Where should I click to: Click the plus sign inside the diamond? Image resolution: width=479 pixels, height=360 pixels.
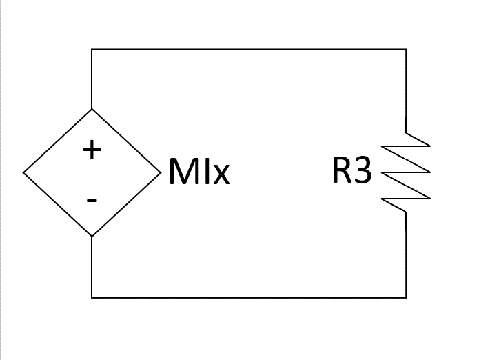pos(92,150)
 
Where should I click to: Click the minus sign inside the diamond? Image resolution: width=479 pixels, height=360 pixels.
pos(92,201)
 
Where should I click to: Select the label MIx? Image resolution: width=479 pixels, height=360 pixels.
pos(198,172)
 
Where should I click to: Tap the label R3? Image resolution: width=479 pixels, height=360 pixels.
pos(351,172)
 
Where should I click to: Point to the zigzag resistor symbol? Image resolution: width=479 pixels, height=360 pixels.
pos(407,172)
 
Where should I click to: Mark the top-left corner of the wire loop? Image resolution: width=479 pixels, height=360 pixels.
pos(92,49)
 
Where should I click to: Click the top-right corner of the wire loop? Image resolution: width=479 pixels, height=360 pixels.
pos(406,49)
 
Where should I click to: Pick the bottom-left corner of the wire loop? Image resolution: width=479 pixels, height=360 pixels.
pos(92,297)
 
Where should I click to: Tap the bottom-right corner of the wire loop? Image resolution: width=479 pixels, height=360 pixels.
pos(406,297)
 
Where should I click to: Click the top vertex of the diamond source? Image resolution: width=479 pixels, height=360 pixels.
pos(92,109)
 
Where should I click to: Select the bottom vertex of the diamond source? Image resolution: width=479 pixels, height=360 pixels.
pos(92,237)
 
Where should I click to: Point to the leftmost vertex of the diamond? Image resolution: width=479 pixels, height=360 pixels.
pos(23,172)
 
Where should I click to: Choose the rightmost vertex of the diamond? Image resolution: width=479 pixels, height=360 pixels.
pos(160,172)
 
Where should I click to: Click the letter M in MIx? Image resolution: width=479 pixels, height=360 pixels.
pos(181,172)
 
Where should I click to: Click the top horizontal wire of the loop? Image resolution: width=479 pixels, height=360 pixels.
pos(249,49)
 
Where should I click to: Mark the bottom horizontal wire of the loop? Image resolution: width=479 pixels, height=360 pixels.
pos(249,297)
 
